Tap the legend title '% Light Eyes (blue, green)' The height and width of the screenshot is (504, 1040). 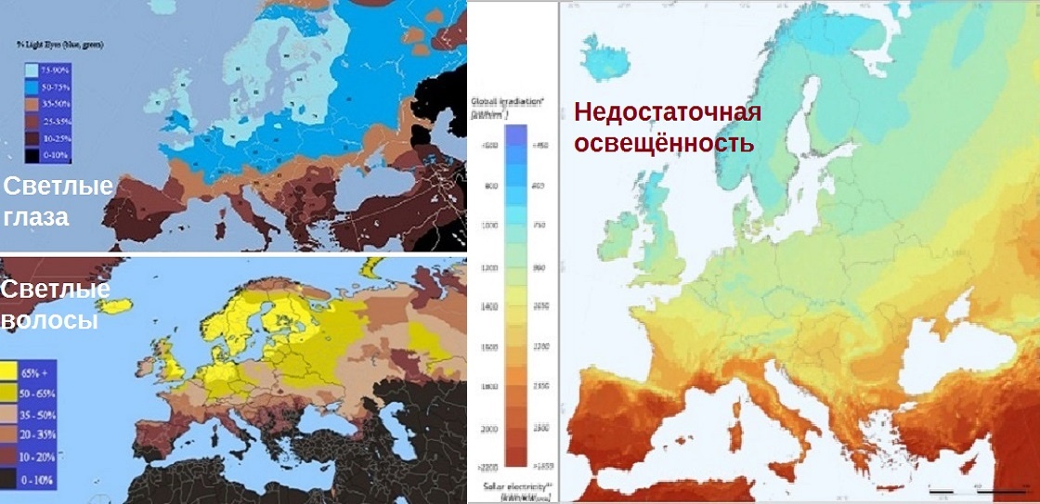tap(58, 44)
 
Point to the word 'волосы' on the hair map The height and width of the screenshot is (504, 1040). tap(48, 320)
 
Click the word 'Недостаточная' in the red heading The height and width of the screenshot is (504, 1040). tap(667, 113)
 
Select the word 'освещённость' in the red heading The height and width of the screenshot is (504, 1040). tap(663, 144)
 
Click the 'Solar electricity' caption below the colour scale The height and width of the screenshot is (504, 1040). tap(514, 486)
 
